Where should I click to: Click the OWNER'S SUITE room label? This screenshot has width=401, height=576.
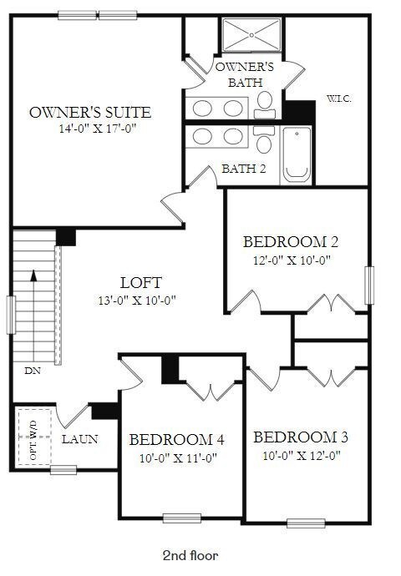pyautogui.click(x=90, y=112)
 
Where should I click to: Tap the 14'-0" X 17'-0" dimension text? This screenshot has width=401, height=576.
pyautogui.click(x=98, y=129)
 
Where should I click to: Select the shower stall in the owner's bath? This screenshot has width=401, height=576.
pyautogui.click(x=251, y=35)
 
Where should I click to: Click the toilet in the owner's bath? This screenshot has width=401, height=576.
pyautogui.click(x=265, y=105)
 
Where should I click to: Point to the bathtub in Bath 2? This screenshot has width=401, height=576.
pyautogui.click(x=297, y=155)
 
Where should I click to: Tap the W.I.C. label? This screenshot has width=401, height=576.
pyautogui.click(x=339, y=99)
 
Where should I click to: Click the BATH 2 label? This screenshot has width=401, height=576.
pyautogui.click(x=244, y=169)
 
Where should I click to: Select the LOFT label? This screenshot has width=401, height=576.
pyautogui.click(x=141, y=282)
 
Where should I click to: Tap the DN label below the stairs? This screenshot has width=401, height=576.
pyautogui.click(x=33, y=371)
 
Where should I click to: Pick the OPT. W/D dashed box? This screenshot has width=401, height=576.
pyautogui.click(x=34, y=437)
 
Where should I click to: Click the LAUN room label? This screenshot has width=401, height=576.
pyautogui.click(x=79, y=439)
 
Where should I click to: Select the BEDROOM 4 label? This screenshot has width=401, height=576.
pyautogui.click(x=177, y=440)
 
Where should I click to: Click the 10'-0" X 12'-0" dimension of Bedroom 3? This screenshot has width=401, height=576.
pyautogui.click(x=302, y=456)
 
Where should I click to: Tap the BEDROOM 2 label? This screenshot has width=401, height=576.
pyautogui.click(x=291, y=242)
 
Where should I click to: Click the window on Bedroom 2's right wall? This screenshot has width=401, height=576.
pyautogui.click(x=369, y=285)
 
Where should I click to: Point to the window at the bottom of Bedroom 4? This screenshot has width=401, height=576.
pyautogui.click(x=182, y=518)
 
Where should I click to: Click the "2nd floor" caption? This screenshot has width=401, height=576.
pyautogui.click(x=190, y=555)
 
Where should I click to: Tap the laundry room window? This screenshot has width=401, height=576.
pyautogui.click(x=63, y=469)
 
